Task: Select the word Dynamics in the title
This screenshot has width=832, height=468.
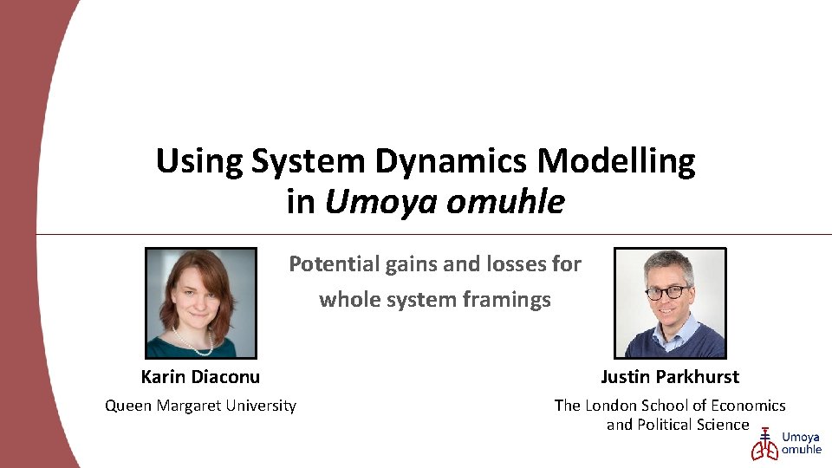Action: pos(452,161)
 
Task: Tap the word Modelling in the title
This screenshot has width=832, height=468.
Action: pos(617,161)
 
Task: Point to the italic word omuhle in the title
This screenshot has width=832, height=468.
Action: pos(505,202)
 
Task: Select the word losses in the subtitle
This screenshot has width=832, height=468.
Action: pos(496,263)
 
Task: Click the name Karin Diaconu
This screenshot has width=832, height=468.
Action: pos(200,376)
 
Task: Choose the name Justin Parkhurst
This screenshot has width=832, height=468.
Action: pos(670,376)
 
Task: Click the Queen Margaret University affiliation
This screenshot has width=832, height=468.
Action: pos(200,406)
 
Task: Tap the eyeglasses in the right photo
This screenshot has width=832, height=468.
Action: pos(667,293)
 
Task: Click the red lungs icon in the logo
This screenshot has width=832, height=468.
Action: pos(764,445)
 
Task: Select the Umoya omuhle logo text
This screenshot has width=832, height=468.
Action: pos(802,444)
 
